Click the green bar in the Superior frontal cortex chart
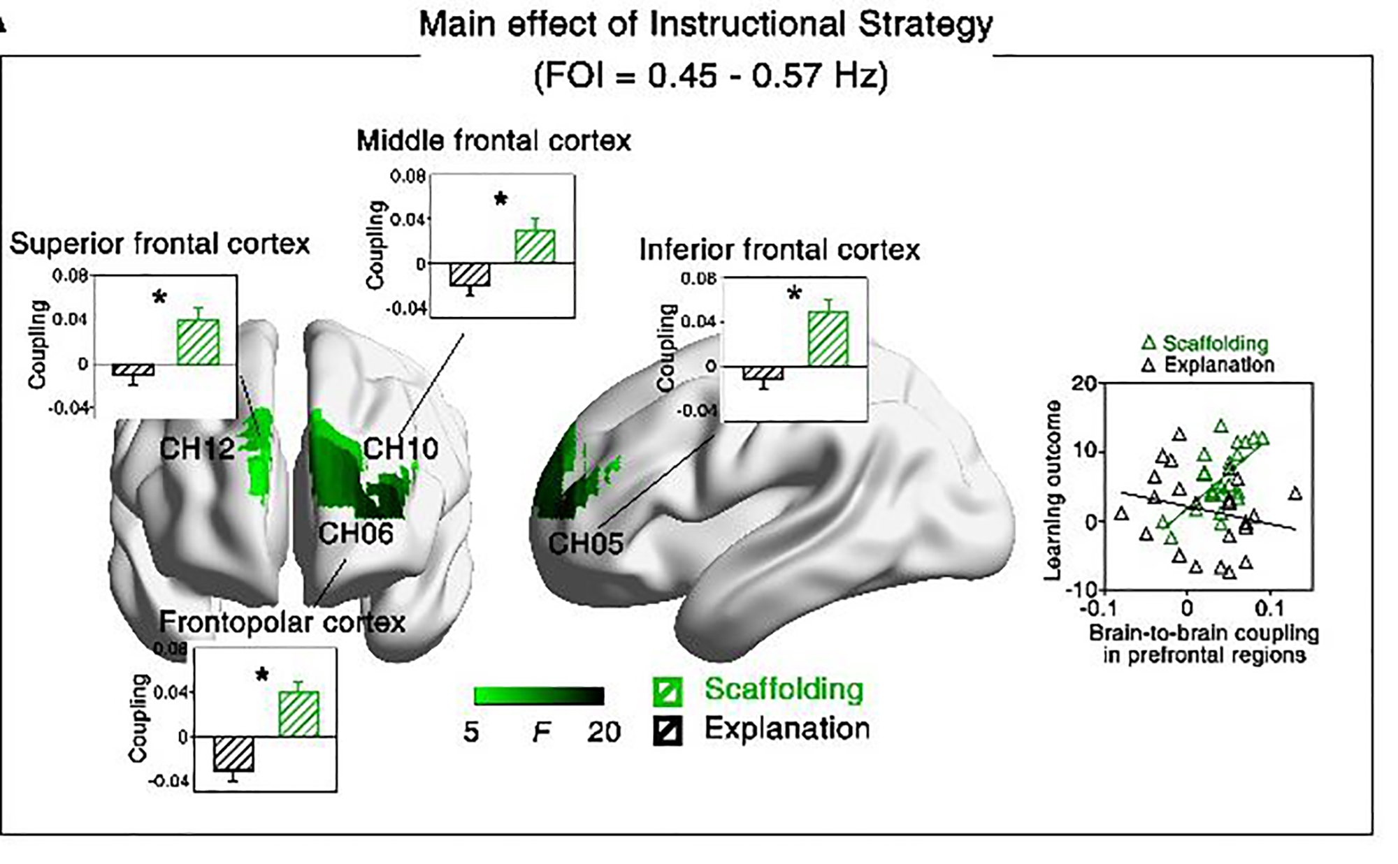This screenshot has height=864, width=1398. (x=198, y=342)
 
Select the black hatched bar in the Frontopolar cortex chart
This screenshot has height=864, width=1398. (x=233, y=754)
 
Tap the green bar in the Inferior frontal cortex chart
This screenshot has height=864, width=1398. (x=828, y=339)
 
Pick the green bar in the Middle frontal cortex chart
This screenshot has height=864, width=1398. (x=535, y=246)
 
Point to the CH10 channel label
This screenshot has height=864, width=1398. (x=401, y=448)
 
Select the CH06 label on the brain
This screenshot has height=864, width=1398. (x=356, y=534)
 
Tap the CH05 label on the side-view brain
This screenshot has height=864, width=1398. (x=585, y=543)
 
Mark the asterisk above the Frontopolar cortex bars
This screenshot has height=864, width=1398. (x=262, y=675)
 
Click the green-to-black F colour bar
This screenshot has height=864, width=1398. (x=539, y=696)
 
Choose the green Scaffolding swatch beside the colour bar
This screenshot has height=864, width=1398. (x=667, y=691)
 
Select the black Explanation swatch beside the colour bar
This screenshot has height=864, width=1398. (x=667, y=731)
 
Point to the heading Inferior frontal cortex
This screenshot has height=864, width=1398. (x=779, y=250)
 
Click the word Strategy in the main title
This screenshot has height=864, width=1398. (x=925, y=25)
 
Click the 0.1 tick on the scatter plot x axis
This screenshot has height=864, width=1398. (x=1269, y=608)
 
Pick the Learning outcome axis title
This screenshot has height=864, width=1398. (x=1051, y=490)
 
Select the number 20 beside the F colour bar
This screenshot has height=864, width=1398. (x=603, y=732)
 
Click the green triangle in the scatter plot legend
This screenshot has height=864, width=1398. (x=1148, y=344)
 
